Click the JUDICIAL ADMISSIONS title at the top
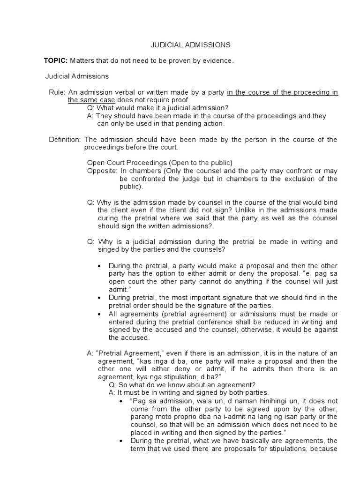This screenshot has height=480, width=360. click(x=190, y=45)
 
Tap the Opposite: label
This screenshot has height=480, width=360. click(x=102, y=171)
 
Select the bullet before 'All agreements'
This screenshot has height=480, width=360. click(x=99, y=313)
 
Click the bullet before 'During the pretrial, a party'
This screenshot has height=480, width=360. click(x=99, y=266)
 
